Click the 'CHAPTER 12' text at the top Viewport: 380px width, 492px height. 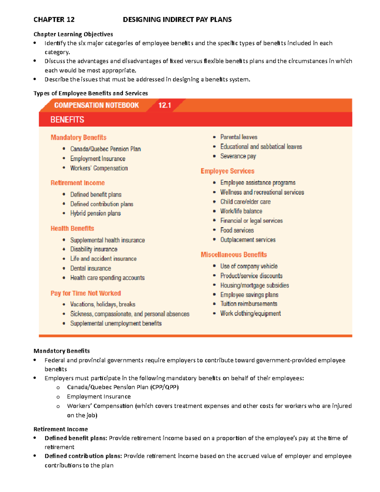point(54,20)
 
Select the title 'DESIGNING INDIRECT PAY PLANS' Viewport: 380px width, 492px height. point(177,20)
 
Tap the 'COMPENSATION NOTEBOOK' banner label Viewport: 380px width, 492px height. point(96,105)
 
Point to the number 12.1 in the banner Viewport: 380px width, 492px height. point(165,105)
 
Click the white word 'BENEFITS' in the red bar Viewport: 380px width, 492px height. point(67,120)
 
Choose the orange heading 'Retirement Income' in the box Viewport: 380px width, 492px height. point(78,183)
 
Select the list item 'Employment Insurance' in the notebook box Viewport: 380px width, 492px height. point(98,159)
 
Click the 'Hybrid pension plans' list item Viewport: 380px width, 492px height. point(95,213)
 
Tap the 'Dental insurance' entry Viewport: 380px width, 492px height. point(91,268)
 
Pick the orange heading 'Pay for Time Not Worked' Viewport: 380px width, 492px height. point(85,293)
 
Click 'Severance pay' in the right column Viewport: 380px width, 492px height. point(238,156)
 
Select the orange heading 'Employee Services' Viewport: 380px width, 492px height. point(227,171)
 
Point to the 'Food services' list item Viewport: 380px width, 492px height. point(237,230)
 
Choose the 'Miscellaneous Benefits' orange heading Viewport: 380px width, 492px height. point(234,255)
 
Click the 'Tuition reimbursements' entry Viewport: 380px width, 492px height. point(249,304)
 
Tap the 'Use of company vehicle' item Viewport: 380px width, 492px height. point(249,266)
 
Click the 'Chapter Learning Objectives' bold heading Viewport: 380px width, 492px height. point(73,34)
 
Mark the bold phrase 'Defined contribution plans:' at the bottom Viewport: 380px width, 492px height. point(83,456)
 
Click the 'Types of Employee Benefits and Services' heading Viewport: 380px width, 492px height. point(91,93)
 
